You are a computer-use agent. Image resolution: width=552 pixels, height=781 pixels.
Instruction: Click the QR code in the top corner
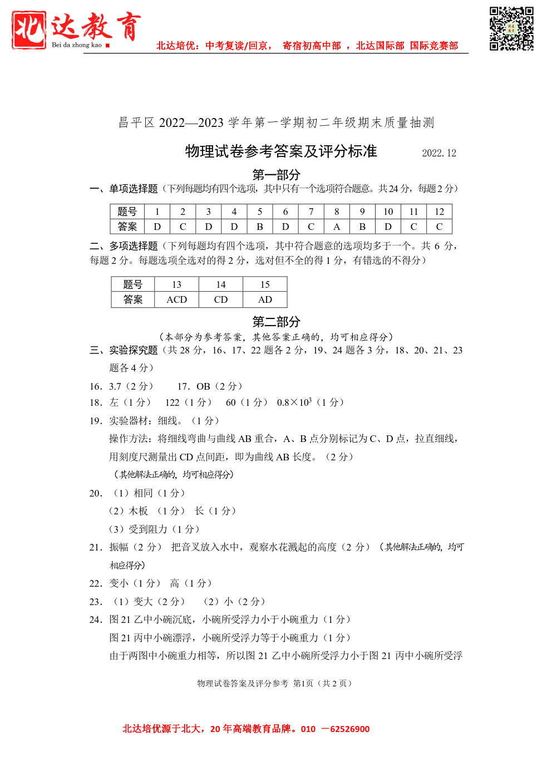[511, 28]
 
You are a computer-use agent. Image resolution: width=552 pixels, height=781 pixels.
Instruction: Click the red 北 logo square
[28, 30]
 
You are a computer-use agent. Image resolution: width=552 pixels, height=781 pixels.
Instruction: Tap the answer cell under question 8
[337, 227]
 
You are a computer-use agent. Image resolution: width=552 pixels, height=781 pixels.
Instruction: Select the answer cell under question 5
[260, 227]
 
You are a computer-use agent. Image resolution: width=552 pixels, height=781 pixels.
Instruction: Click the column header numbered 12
[439, 212]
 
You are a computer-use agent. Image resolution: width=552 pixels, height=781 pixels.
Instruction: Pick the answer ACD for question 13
[176, 299]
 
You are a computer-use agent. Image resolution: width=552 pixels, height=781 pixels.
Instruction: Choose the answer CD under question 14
[221, 299]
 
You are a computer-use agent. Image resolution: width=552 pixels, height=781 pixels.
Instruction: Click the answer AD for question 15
[265, 299]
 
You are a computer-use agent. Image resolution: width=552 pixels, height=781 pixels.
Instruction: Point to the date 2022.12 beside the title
[439, 153]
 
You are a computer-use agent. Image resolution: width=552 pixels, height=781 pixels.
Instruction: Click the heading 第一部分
[276, 175]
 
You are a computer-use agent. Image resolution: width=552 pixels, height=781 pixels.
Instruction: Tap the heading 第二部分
[276, 321]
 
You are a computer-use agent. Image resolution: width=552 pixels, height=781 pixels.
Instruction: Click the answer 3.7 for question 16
[115, 386]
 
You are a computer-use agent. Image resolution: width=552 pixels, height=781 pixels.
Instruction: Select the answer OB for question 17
[203, 386]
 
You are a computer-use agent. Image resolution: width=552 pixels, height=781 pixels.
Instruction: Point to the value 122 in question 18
[172, 402]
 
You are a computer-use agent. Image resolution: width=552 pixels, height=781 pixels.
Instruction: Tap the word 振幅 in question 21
[119, 547]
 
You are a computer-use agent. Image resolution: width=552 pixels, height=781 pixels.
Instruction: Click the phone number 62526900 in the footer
[349, 729]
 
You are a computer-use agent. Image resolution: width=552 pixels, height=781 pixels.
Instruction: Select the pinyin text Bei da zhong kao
[77, 45]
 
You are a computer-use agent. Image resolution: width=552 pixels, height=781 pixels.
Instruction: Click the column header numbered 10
[388, 212]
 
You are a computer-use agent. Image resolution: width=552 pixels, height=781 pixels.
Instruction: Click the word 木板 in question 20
[139, 511]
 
